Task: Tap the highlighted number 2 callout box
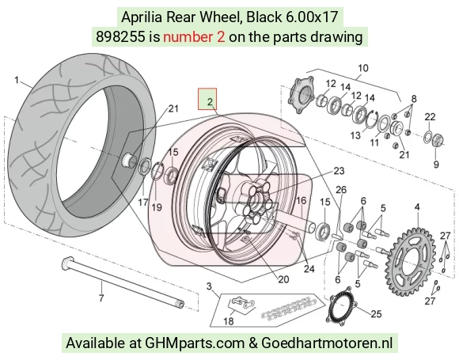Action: pyautogui.click(x=207, y=99)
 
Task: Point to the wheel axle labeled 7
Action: pyautogui.click(x=123, y=282)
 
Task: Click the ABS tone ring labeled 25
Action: pyautogui.click(x=342, y=305)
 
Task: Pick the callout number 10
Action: pyautogui.click(x=363, y=68)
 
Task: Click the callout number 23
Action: pyautogui.click(x=339, y=170)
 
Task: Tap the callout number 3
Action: pyautogui.click(x=209, y=286)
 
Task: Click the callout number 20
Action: pyautogui.click(x=283, y=279)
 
